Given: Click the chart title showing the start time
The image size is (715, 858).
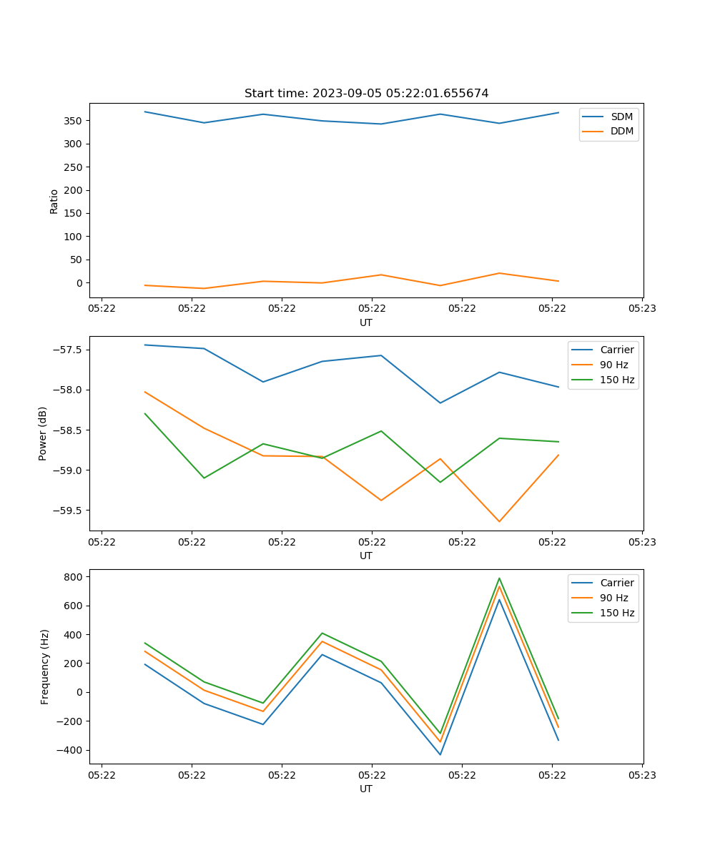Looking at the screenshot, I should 366,94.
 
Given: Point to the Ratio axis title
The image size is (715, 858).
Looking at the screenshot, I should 54,201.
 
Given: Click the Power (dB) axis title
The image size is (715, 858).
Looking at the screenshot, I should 43,433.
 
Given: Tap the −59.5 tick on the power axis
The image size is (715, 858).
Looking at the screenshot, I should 69,511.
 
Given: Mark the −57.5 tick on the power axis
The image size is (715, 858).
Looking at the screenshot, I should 69,350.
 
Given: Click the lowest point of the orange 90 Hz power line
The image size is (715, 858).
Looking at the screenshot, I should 499,521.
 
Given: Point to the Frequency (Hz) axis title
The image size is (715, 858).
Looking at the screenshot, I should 45,666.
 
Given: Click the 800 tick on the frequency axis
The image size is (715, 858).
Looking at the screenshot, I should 75,576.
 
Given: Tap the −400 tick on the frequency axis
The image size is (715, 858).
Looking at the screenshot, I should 72,750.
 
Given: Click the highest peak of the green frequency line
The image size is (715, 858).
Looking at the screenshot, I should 499,578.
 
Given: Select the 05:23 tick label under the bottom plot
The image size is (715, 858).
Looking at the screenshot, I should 641,775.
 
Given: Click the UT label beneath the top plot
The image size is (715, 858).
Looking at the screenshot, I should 366,322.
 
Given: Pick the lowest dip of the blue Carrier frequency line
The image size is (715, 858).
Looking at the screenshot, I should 440,754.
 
